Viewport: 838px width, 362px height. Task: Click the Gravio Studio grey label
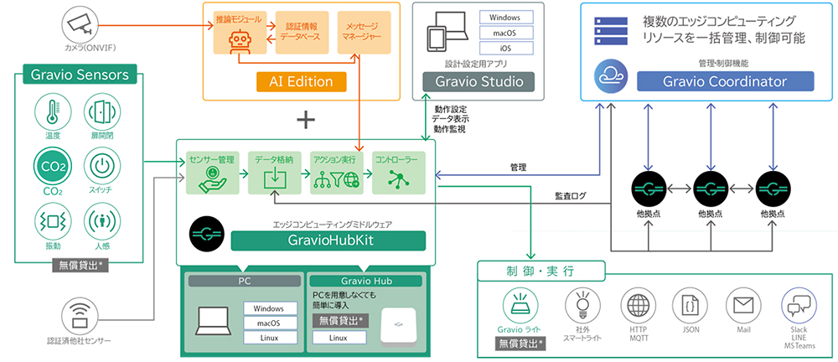(478, 81)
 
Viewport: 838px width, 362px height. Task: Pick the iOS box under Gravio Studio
(505, 49)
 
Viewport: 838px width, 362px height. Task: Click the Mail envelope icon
(742, 304)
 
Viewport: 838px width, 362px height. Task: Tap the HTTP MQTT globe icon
(639, 304)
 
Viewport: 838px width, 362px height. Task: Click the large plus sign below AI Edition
(306, 120)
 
